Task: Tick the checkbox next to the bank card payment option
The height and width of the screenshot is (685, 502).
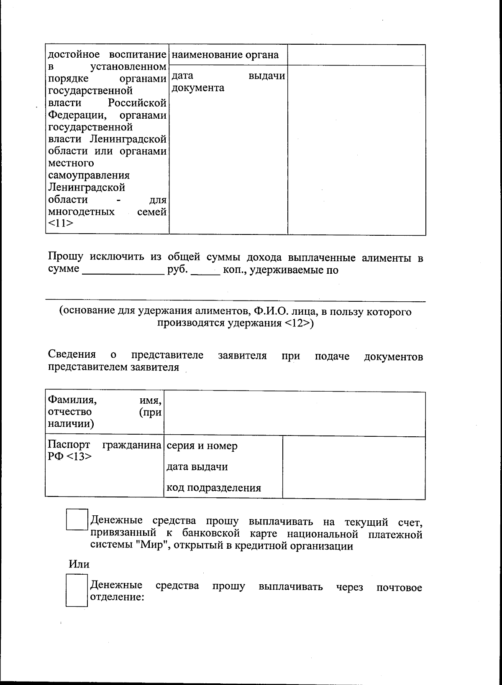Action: tap(77, 519)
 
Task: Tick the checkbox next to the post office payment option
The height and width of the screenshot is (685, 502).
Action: tap(77, 591)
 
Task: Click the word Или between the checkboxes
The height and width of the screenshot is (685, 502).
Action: tap(79, 564)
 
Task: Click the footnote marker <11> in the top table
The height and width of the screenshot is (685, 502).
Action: tap(61, 224)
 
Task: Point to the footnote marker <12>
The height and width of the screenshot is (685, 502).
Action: tap(298, 323)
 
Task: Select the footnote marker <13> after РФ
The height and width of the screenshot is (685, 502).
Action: tap(78, 456)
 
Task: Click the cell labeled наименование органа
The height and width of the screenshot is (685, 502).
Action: tap(225, 55)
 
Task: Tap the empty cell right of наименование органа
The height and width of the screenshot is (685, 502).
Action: tap(356, 55)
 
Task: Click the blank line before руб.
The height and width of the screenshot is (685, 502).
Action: tap(123, 270)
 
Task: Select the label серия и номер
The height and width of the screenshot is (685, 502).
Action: tap(202, 446)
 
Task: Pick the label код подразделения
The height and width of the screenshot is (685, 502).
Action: tap(214, 488)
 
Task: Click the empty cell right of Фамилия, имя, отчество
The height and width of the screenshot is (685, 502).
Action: tap(295, 413)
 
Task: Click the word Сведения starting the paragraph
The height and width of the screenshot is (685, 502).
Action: tap(72, 355)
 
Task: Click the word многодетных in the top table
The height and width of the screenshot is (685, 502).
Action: tap(82, 212)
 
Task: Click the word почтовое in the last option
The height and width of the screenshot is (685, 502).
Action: tap(399, 588)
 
